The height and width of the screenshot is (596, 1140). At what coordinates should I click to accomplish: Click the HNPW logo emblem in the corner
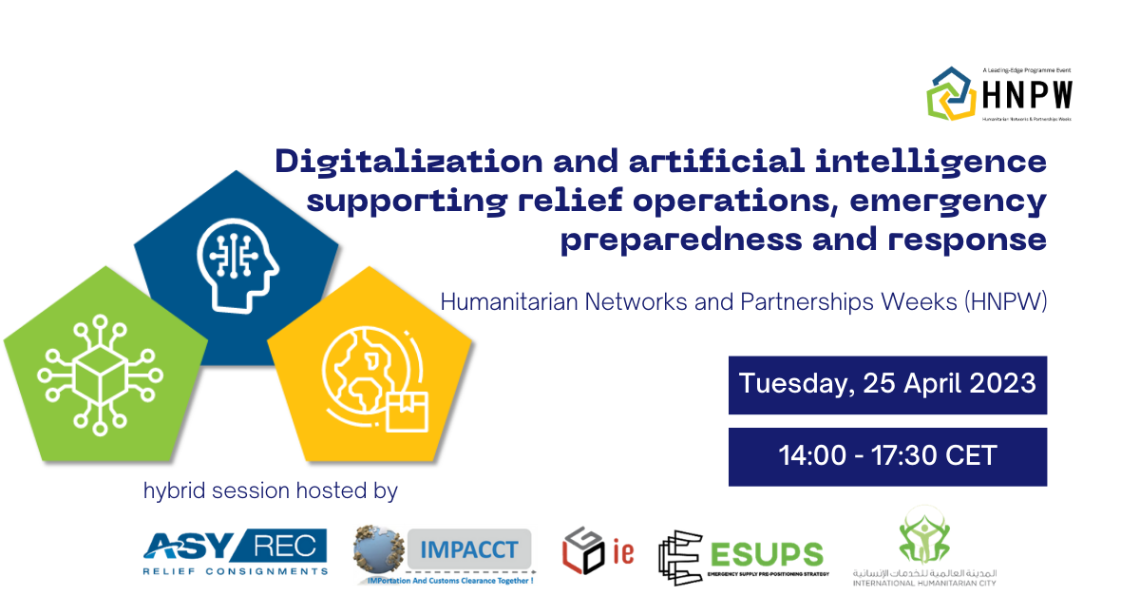(x=951, y=92)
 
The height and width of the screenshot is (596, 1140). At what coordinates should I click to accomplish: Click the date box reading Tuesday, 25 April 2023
(x=887, y=385)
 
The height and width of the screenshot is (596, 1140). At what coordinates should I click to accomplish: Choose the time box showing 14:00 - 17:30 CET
(x=887, y=456)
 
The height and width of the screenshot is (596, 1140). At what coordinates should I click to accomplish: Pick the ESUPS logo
(x=741, y=556)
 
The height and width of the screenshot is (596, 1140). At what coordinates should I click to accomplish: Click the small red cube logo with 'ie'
(x=596, y=552)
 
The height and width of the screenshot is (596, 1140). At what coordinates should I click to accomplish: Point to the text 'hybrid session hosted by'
(x=270, y=491)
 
